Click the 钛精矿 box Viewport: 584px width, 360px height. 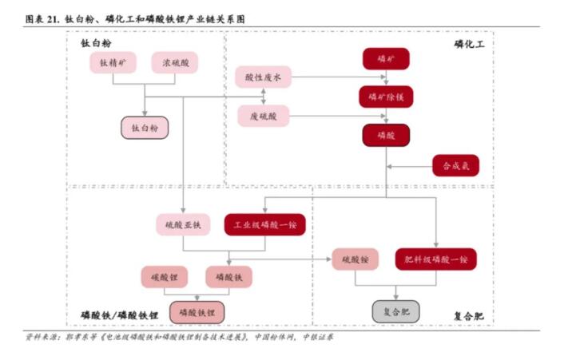click(x=113, y=62)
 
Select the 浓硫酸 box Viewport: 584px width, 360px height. click(x=175, y=62)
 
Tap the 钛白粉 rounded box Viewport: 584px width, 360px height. click(x=144, y=127)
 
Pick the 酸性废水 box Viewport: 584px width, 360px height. click(x=264, y=77)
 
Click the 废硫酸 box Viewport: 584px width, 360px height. click(x=264, y=116)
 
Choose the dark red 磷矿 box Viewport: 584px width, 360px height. click(x=386, y=58)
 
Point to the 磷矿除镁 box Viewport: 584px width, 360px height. click(x=386, y=97)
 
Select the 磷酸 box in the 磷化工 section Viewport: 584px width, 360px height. click(x=386, y=135)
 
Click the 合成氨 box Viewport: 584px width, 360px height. click(x=455, y=166)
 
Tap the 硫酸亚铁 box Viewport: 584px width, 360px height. click(x=183, y=224)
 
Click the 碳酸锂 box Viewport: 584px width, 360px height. click(x=164, y=277)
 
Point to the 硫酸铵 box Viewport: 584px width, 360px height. click(x=356, y=259)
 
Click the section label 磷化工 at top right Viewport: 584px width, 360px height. click(x=469, y=43)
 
